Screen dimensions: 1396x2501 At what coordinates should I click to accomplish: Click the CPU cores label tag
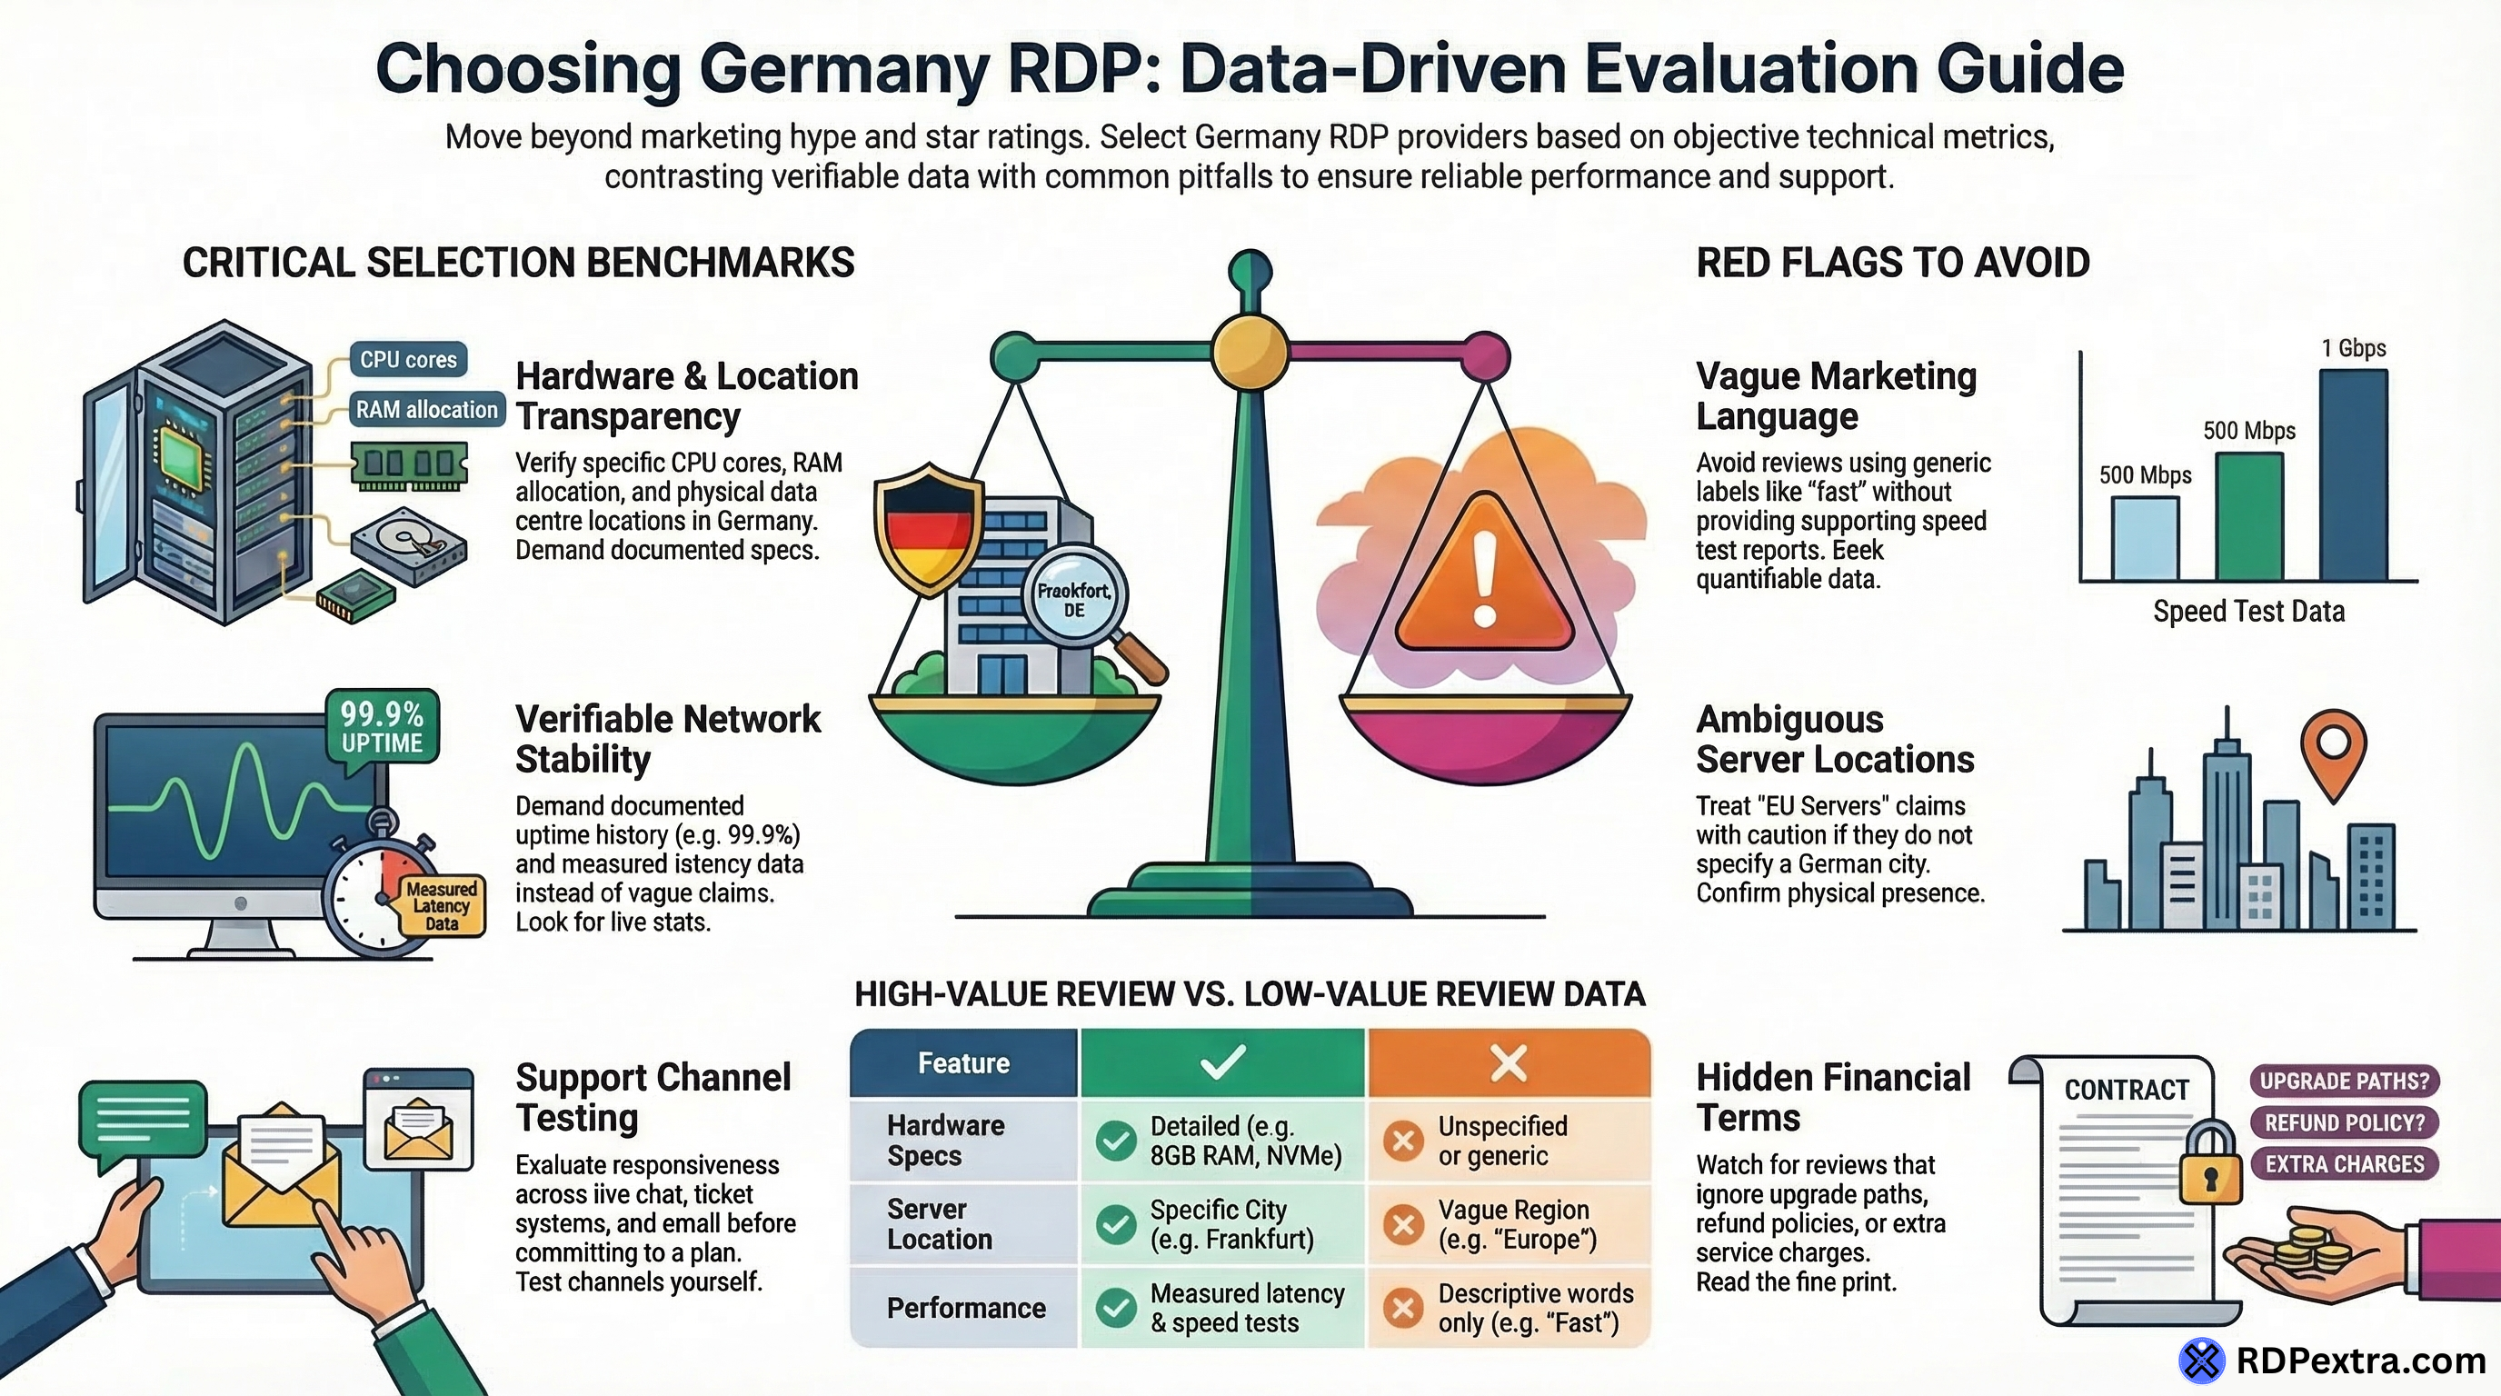(408, 359)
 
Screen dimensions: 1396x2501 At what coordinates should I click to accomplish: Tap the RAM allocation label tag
(426, 410)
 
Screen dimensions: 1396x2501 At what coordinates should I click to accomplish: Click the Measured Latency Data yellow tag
(442, 906)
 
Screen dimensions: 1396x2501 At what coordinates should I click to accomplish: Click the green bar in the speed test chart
(2248, 516)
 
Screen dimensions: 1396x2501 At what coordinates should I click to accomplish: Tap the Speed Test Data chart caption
(2248, 612)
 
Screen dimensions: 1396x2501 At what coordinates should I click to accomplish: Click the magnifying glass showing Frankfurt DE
(1075, 600)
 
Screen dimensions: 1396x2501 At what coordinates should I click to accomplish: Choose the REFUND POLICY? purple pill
(2344, 1123)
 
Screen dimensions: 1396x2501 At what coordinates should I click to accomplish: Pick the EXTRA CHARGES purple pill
(2344, 1164)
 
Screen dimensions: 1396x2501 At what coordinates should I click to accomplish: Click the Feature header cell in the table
(963, 1063)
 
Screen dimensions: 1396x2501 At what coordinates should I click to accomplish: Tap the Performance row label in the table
(966, 1308)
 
